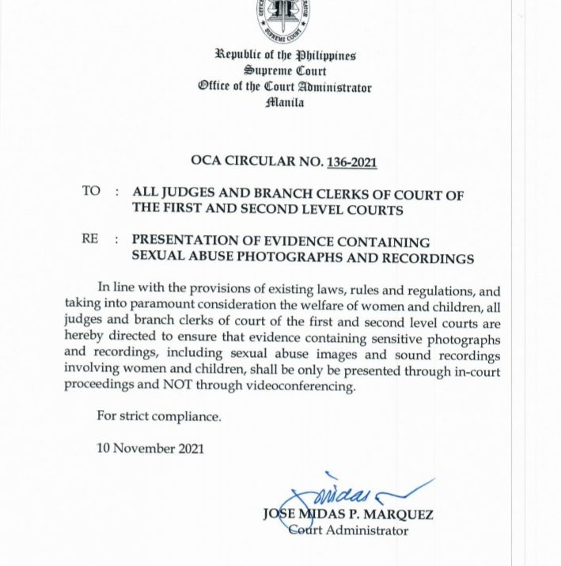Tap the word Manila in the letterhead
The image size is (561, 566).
click(284, 102)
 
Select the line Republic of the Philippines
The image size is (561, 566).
click(285, 55)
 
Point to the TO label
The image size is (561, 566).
click(91, 192)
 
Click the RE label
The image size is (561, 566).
click(89, 239)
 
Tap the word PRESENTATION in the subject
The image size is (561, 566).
click(184, 241)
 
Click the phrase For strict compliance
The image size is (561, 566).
click(159, 416)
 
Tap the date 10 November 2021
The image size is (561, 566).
click(150, 448)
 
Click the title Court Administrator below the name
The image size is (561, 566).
click(347, 530)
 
